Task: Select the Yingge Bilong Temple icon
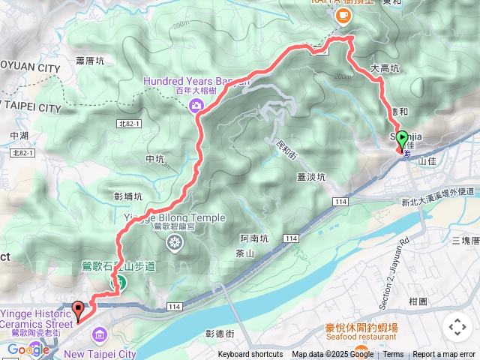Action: click(x=175, y=242)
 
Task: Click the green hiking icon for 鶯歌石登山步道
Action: click(x=118, y=282)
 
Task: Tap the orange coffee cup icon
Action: click(x=343, y=15)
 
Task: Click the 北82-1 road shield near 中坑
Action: click(x=130, y=123)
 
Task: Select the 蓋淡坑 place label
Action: click(x=311, y=178)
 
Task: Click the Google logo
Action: click(x=28, y=349)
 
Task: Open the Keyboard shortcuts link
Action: click(x=250, y=355)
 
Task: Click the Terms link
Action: click(x=393, y=355)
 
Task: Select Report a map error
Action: click(x=444, y=355)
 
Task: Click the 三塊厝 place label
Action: click(x=465, y=240)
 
